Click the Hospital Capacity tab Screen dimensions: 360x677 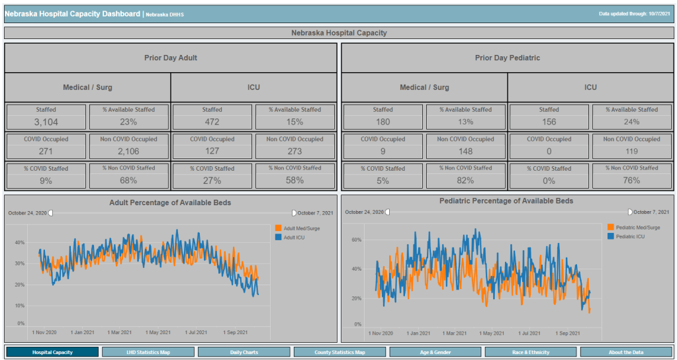click(x=52, y=352)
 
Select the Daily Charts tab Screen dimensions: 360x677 click(x=244, y=352)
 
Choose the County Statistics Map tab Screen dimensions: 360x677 click(x=339, y=352)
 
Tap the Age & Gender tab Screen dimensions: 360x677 click(x=435, y=352)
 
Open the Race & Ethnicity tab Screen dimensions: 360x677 click(x=531, y=352)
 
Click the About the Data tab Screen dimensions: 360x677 click(x=627, y=352)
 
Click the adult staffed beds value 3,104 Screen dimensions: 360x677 click(x=46, y=122)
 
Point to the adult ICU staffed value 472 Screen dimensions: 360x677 click(x=212, y=122)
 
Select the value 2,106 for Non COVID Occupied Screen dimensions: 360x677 click(x=129, y=151)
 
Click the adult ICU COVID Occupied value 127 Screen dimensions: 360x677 click(x=212, y=151)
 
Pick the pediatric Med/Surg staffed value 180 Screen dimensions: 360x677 click(x=383, y=122)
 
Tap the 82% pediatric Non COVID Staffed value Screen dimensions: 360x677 click(x=465, y=181)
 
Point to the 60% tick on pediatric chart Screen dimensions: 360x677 click(x=356, y=240)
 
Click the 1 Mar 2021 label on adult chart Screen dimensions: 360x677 click(x=120, y=332)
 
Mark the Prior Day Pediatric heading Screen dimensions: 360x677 click(x=507, y=58)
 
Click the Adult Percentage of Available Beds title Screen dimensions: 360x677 click(x=170, y=202)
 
